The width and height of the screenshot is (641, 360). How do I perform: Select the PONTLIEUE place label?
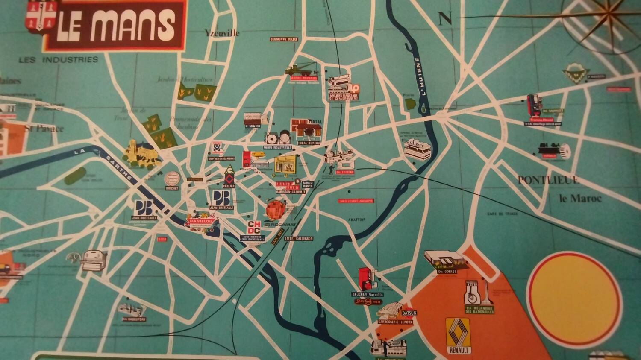pyautogui.click(x=549, y=180)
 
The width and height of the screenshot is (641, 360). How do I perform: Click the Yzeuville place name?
pyautogui.click(x=222, y=33)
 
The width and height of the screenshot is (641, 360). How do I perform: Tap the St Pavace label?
pyautogui.click(x=44, y=128)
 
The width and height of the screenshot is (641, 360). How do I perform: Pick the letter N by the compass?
pyautogui.click(x=445, y=18)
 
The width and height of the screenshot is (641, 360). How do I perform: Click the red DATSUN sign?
pyautogui.click(x=409, y=313)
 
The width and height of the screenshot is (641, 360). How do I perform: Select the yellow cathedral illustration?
pyautogui.click(x=142, y=154)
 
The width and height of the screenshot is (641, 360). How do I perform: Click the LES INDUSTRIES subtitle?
pyautogui.click(x=58, y=60)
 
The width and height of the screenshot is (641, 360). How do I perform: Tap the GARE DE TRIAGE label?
pyautogui.click(x=502, y=214)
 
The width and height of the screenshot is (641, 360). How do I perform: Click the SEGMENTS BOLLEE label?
pyautogui.click(x=284, y=39)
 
